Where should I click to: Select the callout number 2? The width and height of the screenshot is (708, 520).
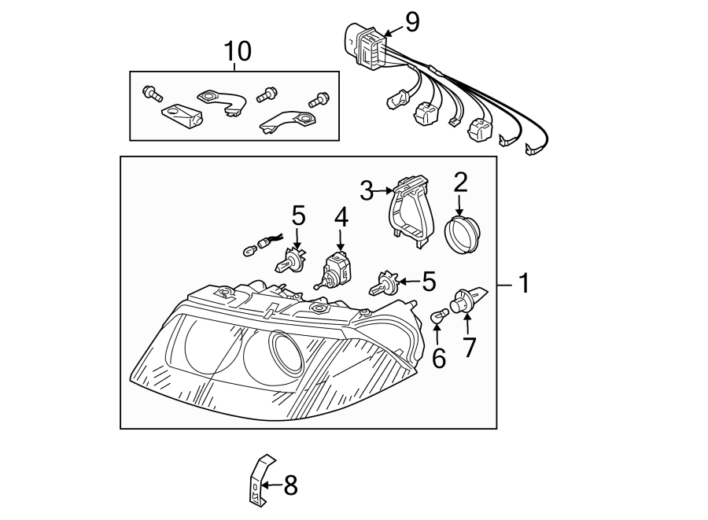coord(460,183)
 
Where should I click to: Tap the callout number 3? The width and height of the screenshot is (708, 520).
coord(367,190)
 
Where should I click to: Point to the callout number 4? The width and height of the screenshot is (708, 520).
coord(341,217)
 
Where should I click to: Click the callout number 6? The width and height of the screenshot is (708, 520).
coord(439,359)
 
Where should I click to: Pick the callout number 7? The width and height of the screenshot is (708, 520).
coord(470,346)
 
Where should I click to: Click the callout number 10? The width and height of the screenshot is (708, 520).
coord(238,52)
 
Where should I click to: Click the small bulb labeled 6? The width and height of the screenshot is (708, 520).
coord(439,316)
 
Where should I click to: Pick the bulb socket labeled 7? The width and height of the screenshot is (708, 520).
coord(464,301)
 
